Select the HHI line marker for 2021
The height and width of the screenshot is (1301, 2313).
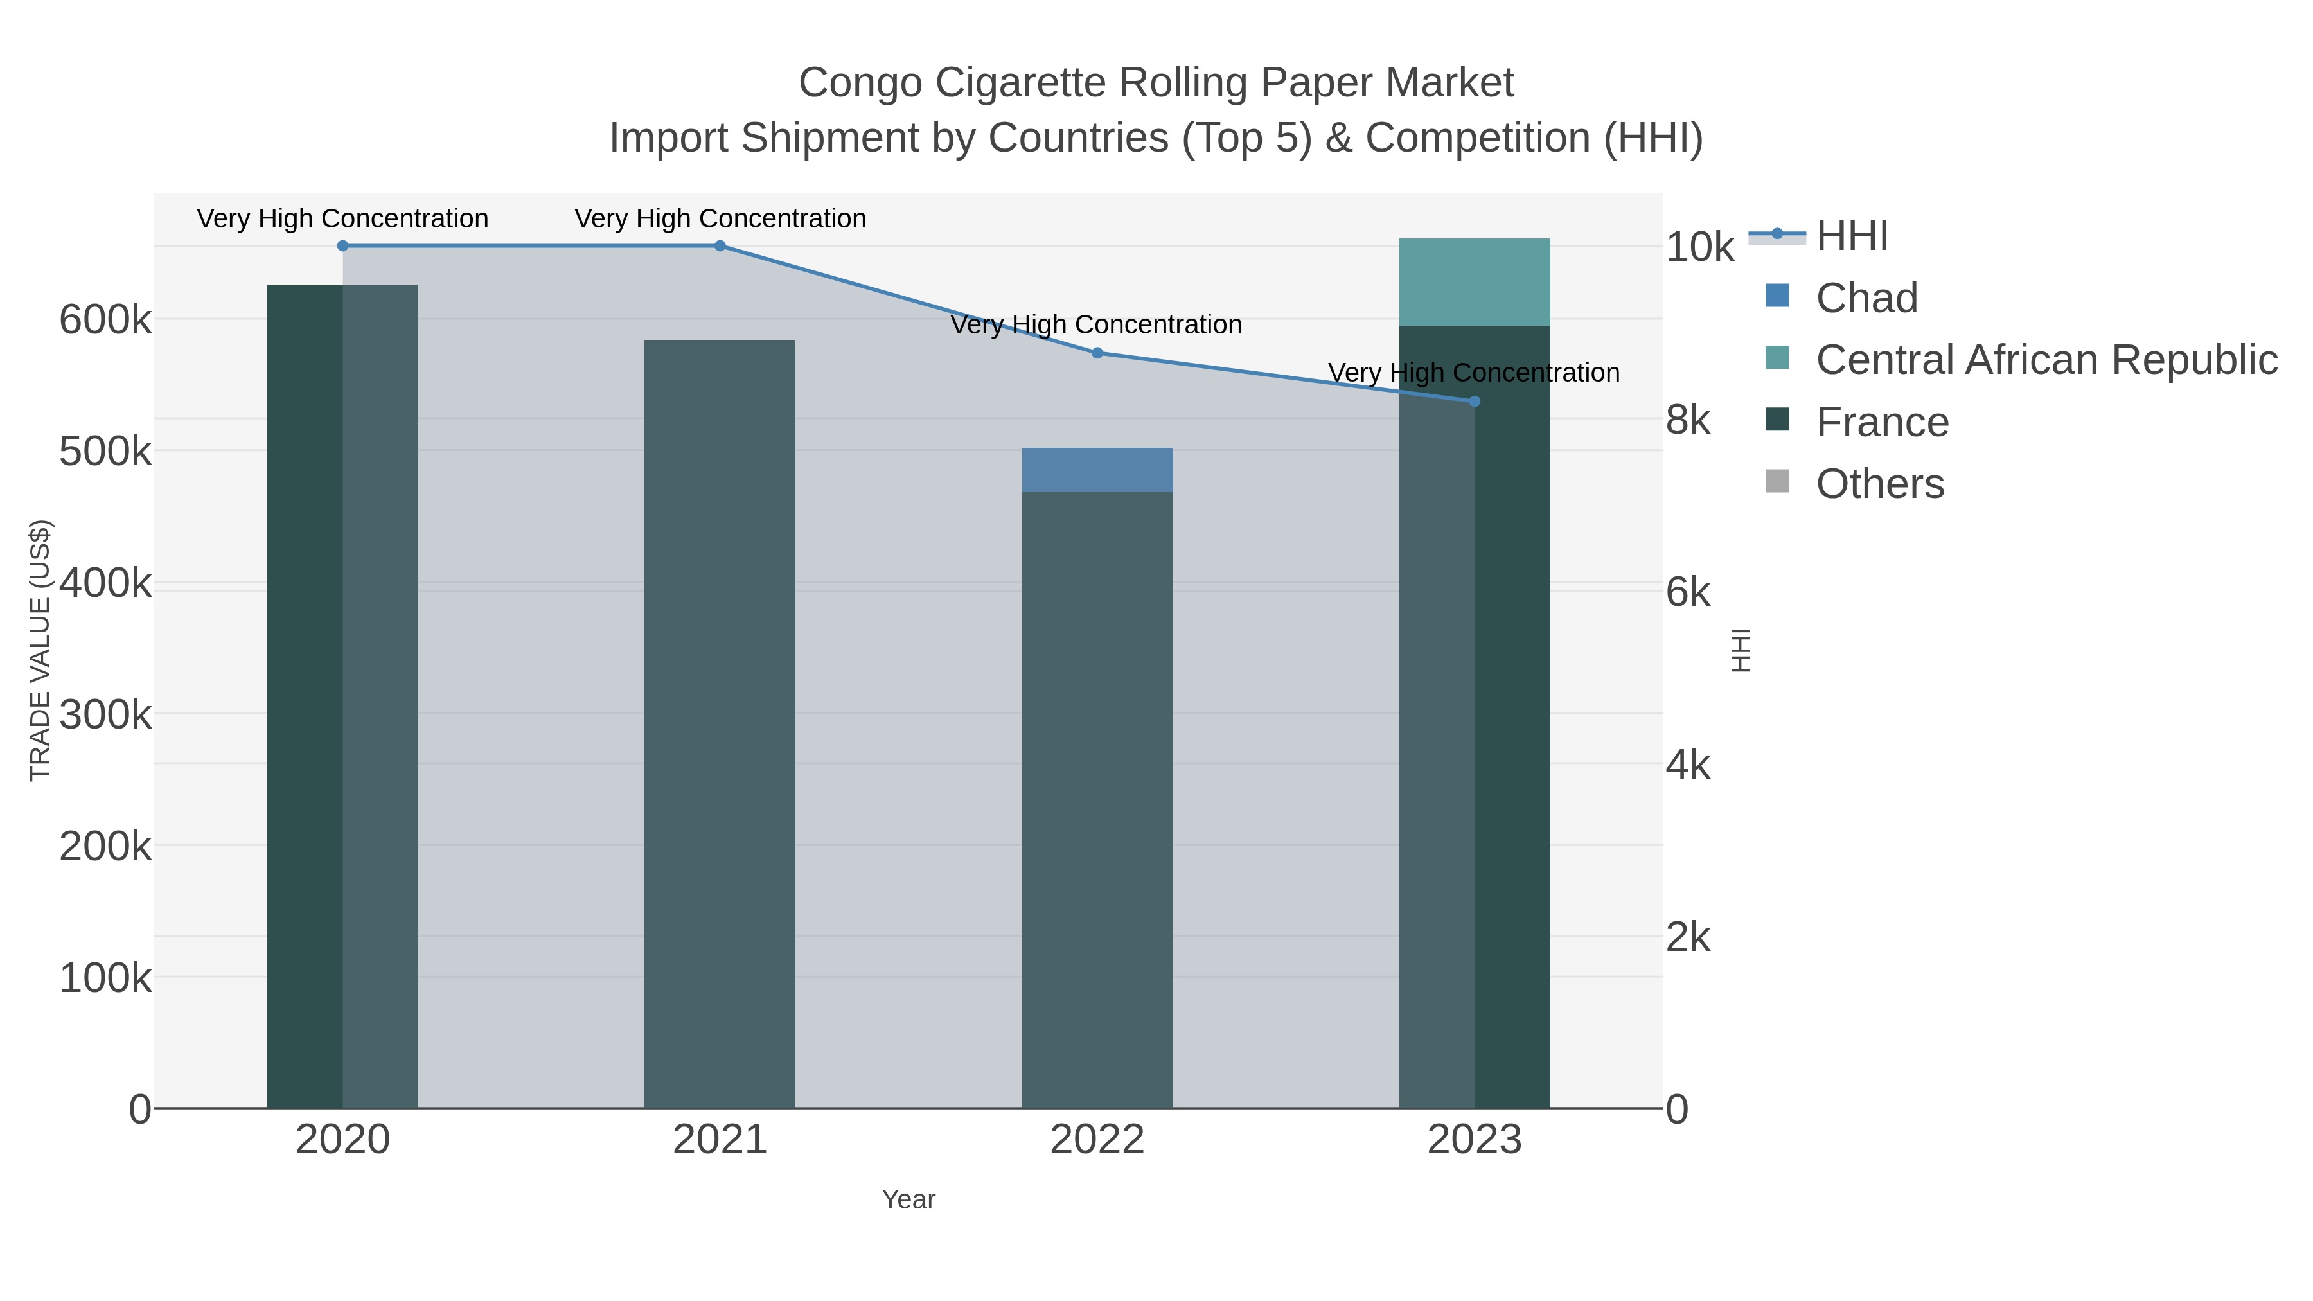pyautogui.click(x=720, y=246)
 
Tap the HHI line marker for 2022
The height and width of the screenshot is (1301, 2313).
pyautogui.click(x=1097, y=353)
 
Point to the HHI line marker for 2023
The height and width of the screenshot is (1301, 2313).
pyautogui.click(x=1475, y=402)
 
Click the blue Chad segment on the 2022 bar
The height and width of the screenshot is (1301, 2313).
pyautogui.click(x=1097, y=470)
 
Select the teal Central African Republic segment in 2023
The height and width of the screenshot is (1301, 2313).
pyautogui.click(x=1475, y=282)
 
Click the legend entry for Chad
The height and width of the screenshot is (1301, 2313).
pyautogui.click(x=1866, y=298)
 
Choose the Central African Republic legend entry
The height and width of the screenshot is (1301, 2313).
pyautogui.click(x=2046, y=360)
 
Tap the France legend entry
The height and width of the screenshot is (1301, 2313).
pyautogui.click(x=1881, y=422)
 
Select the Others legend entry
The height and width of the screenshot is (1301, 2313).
pyautogui.click(x=1879, y=484)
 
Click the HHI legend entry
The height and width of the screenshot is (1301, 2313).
pyautogui.click(x=1852, y=236)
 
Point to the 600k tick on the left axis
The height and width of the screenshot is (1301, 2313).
pyautogui.click(x=105, y=321)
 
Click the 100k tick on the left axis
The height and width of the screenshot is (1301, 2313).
pyautogui.click(x=105, y=978)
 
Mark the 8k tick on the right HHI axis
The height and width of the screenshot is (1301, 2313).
pyautogui.click(x=1688, y=420)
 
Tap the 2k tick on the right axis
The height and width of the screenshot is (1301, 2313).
pyautogui.click(x=1688, y=937)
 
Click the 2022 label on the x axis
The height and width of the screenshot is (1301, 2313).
pyautogui.click(x=1097, y=1140)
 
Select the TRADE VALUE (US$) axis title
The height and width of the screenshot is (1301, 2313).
pyautogui.click(x=40, y=650)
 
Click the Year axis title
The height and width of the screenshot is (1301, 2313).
pyautogui.click(x=908, y=1199)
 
